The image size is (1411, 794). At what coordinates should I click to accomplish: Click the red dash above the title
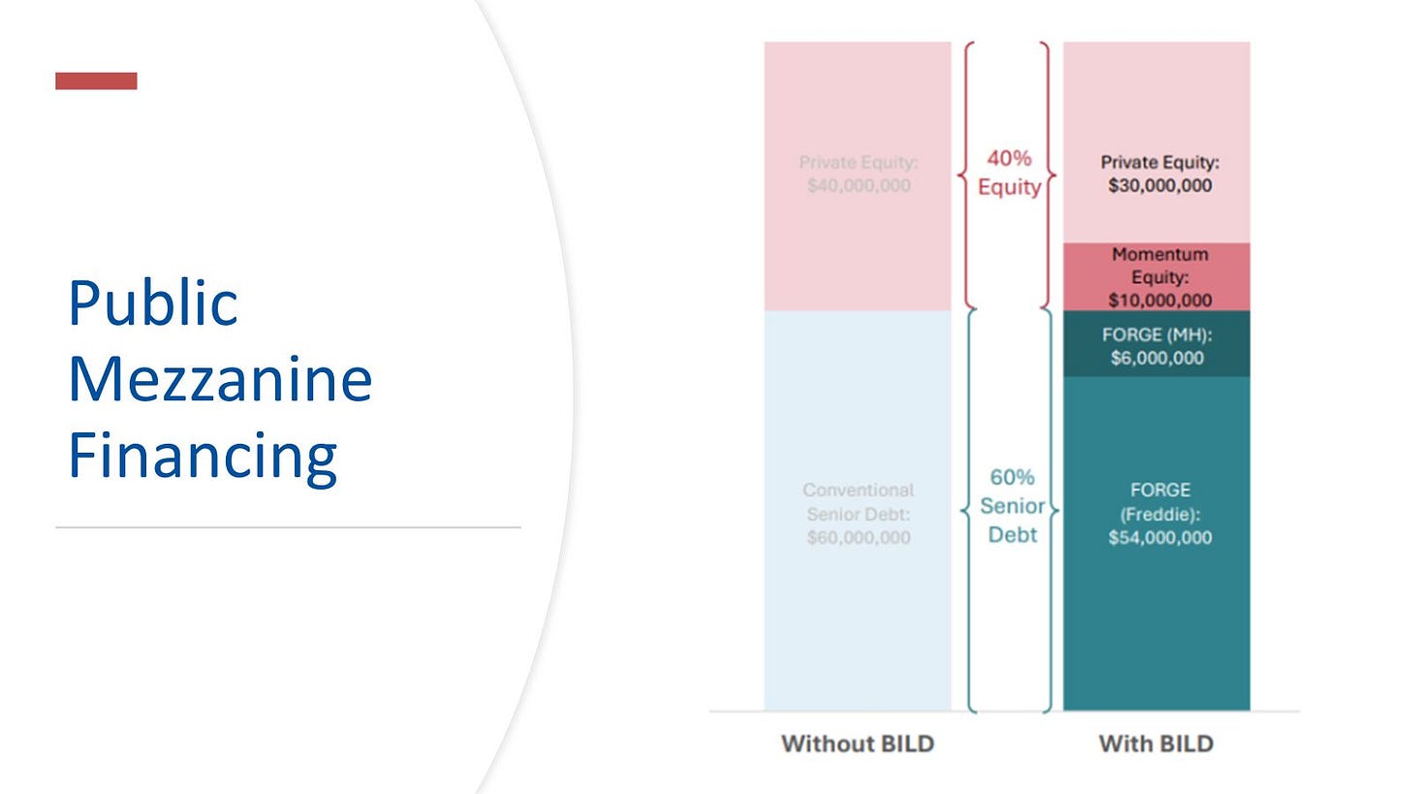point(96,80)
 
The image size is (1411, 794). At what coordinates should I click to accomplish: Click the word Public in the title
point(153,303)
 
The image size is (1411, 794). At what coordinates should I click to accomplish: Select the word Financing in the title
point(203,457)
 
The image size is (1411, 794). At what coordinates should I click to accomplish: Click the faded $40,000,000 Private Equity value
point(859,185)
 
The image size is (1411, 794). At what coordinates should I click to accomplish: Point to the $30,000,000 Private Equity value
point(1160,185)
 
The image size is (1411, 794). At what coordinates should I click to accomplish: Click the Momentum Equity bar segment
point(1156,276)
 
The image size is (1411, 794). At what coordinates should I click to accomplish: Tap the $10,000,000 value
point(1160,300)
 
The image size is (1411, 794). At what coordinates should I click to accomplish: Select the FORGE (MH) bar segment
point(1156,343)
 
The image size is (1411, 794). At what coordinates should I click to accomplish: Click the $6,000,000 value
point(1157,358)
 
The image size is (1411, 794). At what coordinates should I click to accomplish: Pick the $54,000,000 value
point(1160,537)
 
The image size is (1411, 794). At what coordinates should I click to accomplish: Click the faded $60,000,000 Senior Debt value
point(859,537)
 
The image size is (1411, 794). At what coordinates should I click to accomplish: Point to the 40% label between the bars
point(1009,158)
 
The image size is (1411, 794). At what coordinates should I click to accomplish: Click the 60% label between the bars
point(1013,477)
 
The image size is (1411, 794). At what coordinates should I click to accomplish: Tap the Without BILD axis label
point(858,744)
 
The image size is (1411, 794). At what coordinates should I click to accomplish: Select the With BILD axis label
point(1156,744)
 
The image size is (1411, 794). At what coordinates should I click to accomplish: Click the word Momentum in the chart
point(1160,254)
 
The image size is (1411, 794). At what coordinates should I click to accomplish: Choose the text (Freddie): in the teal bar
point(1160,514)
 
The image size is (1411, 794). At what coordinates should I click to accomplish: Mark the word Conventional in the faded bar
point(858,490)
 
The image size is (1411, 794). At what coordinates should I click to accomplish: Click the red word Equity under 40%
point(1009,187)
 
